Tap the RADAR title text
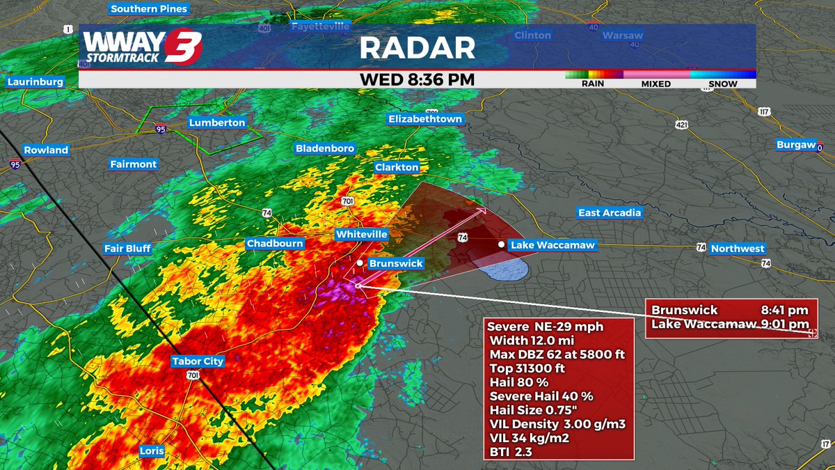pos(417,47)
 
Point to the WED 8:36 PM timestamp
pos(417,79)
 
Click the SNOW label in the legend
pos(722,84)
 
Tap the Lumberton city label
pos(217,123)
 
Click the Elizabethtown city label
pos(425,119)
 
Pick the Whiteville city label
pos(361,235)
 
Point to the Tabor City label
pos(198,361)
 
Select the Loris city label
pos(152,451)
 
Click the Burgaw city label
pos(796,145)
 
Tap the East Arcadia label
pos(610,212)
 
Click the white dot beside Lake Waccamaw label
pos(501,244)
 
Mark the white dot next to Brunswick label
pos(360,263)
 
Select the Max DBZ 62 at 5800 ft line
pos(557,354)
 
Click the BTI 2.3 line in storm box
pos(513,452)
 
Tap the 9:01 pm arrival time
pos(788,324)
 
